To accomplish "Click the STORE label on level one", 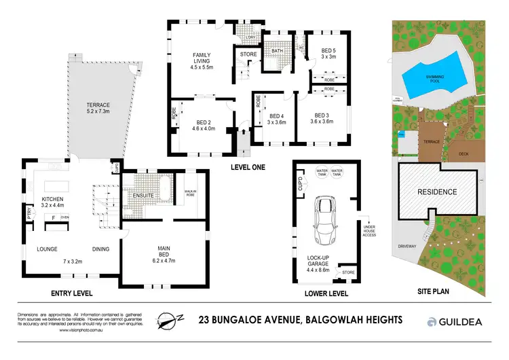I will click(x=248, y=54).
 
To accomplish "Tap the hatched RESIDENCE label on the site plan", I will click(x=436, y=192).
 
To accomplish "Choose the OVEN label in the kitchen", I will click(x=64, y=217).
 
